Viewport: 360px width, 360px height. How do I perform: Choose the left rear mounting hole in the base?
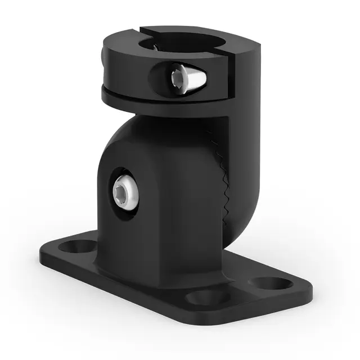pyautogui.click(x=79, y=246)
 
